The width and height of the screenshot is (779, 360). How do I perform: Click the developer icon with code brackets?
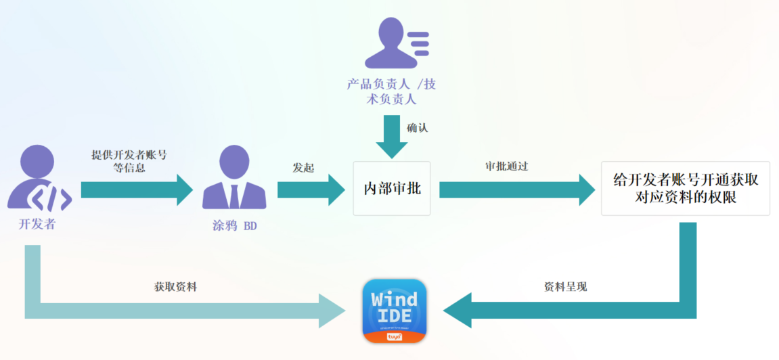39,178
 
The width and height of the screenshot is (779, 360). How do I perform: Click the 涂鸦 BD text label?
234,225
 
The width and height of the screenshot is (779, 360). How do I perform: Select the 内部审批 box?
392,188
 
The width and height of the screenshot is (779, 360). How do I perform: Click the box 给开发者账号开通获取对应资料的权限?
685,188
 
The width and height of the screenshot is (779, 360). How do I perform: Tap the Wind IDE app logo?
395,311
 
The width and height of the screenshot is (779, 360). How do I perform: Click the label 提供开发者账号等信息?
129,161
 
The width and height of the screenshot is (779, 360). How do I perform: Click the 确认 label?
417,128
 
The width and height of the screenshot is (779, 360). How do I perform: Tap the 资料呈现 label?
565,287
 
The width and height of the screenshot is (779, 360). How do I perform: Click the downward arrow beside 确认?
392,135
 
